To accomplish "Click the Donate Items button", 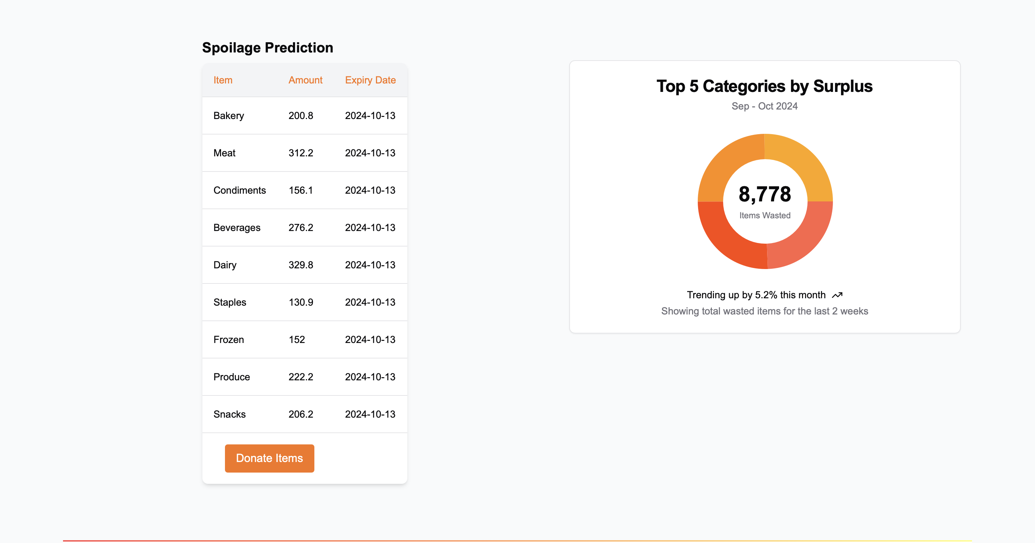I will [x=269, y=458].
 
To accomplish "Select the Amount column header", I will [x=305, y=80].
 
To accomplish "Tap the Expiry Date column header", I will [x=370, y=80].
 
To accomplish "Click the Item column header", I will [x=222, y=80].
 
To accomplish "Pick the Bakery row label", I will [x=228, y=116].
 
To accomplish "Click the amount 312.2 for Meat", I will [x=301, y=153].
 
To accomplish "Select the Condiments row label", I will [x=239, y=191].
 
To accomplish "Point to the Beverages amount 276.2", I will [x=301, y=228].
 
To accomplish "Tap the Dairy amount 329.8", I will [x=301, y=265].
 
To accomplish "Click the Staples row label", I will [x=230, y=302].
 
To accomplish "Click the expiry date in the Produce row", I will [x=370, y=377].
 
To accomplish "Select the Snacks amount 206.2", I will [x=301, y=414].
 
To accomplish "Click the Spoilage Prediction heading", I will [x=268, y=48].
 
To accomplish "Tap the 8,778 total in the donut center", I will [x=765, y=194].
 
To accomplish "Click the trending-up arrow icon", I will [x=837, y=295].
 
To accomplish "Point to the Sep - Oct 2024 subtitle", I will [x=764, y=106].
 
